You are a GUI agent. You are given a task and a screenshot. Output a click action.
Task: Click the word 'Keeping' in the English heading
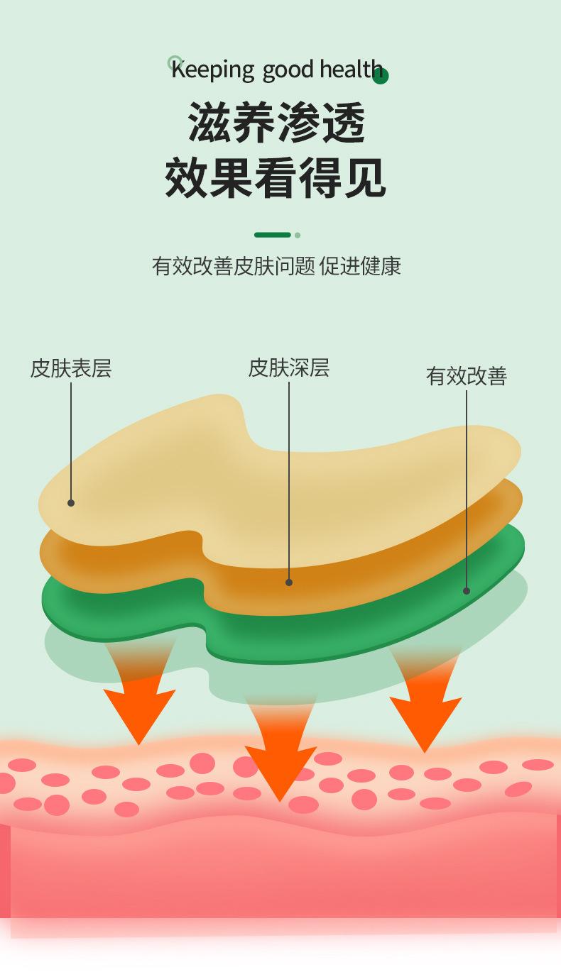(x=212, y=70)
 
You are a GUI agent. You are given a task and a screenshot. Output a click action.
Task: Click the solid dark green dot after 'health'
(x=381, y=76)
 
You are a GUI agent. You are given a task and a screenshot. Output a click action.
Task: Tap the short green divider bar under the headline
(x=273, y=235)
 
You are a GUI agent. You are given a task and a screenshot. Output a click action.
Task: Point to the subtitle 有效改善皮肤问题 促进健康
(x=276, y=266)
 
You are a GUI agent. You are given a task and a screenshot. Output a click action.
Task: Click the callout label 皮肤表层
(x=70, y=368)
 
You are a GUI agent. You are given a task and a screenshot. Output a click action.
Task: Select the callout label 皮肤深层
(x=288, y=368)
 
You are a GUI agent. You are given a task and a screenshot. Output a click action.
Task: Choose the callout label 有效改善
(x=466, y=376)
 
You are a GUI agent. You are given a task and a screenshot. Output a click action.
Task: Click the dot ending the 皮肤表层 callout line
(x=71, y=503)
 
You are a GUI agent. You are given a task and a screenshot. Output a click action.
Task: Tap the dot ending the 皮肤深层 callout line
(x=289, y=583)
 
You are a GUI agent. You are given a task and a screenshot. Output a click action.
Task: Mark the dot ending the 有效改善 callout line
(x=467, y=590)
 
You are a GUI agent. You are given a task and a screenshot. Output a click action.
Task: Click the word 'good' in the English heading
(x=288, y=70)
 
